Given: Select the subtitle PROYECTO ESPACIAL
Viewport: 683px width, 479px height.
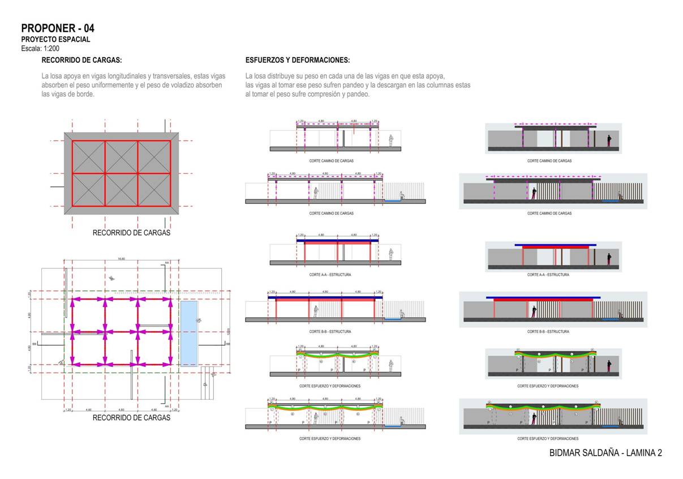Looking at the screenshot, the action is tap(55, 40).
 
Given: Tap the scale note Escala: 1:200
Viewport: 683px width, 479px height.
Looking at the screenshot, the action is tap(40, 48).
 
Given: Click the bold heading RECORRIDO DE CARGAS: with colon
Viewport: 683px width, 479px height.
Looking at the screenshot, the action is tap(81, 60).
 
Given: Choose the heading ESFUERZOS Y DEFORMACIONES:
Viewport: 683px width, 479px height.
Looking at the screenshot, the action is tap(298, 60).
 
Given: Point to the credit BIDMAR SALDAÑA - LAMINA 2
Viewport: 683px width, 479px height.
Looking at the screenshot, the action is tap(605, 453).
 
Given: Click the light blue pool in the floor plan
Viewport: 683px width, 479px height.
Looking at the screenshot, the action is tap(189, 333).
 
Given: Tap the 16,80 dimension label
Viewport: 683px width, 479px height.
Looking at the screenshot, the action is tap(121, 259).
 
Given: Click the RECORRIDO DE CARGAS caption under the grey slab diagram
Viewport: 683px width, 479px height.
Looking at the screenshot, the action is tap(131, 233).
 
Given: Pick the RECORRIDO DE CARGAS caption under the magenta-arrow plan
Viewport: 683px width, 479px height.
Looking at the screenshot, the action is tap(131, 418).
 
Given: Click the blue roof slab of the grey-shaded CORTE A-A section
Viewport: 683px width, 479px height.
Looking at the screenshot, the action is tap(555, 245).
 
